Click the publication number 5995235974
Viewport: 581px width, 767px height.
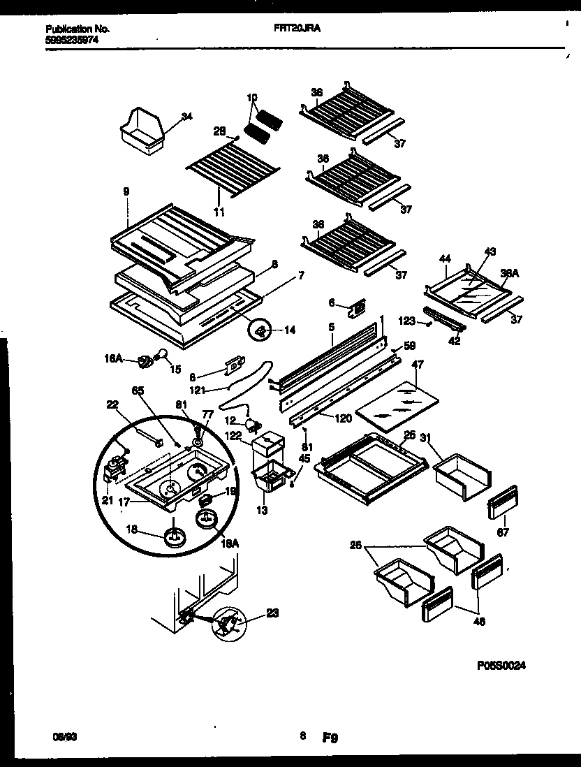pos(72,40)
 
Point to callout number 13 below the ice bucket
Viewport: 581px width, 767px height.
pos(261,511)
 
